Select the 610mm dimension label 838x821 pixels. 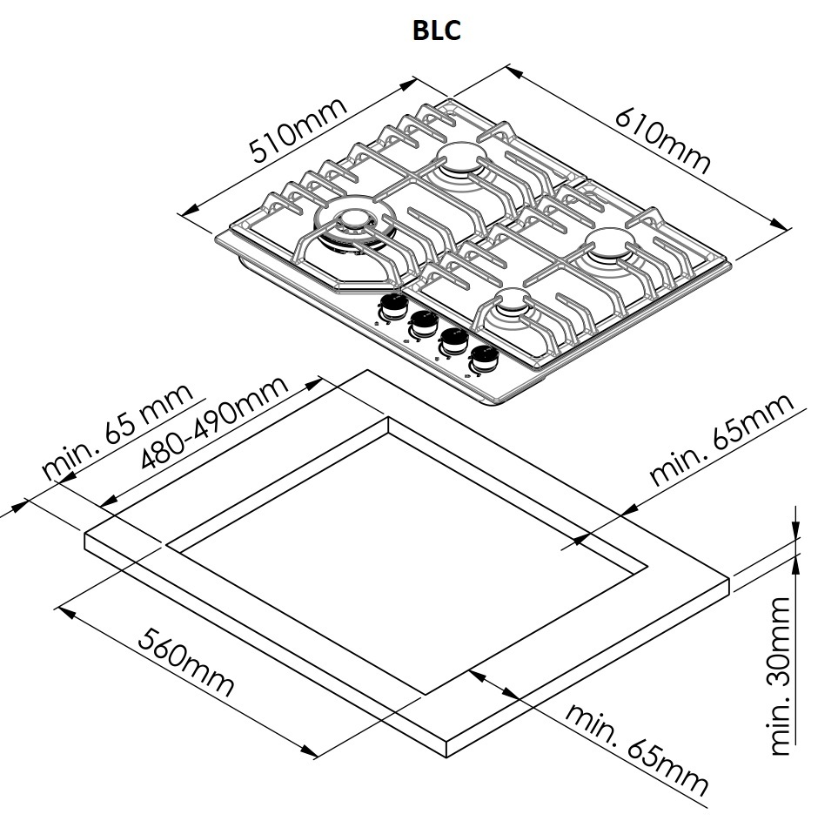(x=663, y=139)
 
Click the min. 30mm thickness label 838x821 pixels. (x=783, y=675)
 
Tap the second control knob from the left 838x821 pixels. (x=424, y=322)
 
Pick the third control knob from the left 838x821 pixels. (x=453, y=340)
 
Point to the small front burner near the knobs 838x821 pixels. (x=513, y=305)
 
